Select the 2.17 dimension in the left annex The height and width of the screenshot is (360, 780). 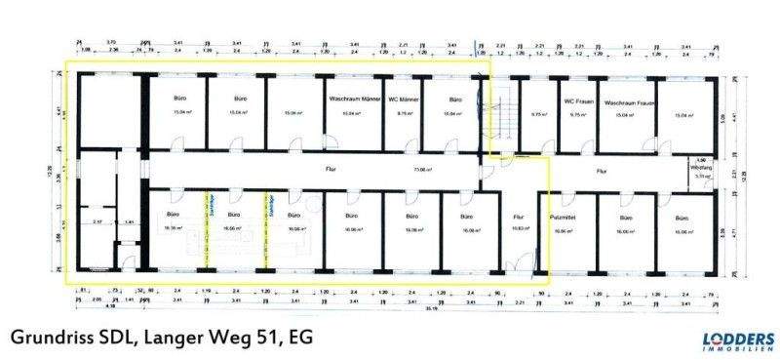tap(97, 223)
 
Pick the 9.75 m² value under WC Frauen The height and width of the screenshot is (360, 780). tap(577, 114)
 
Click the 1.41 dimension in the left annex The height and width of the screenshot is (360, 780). tap(130, 223)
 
